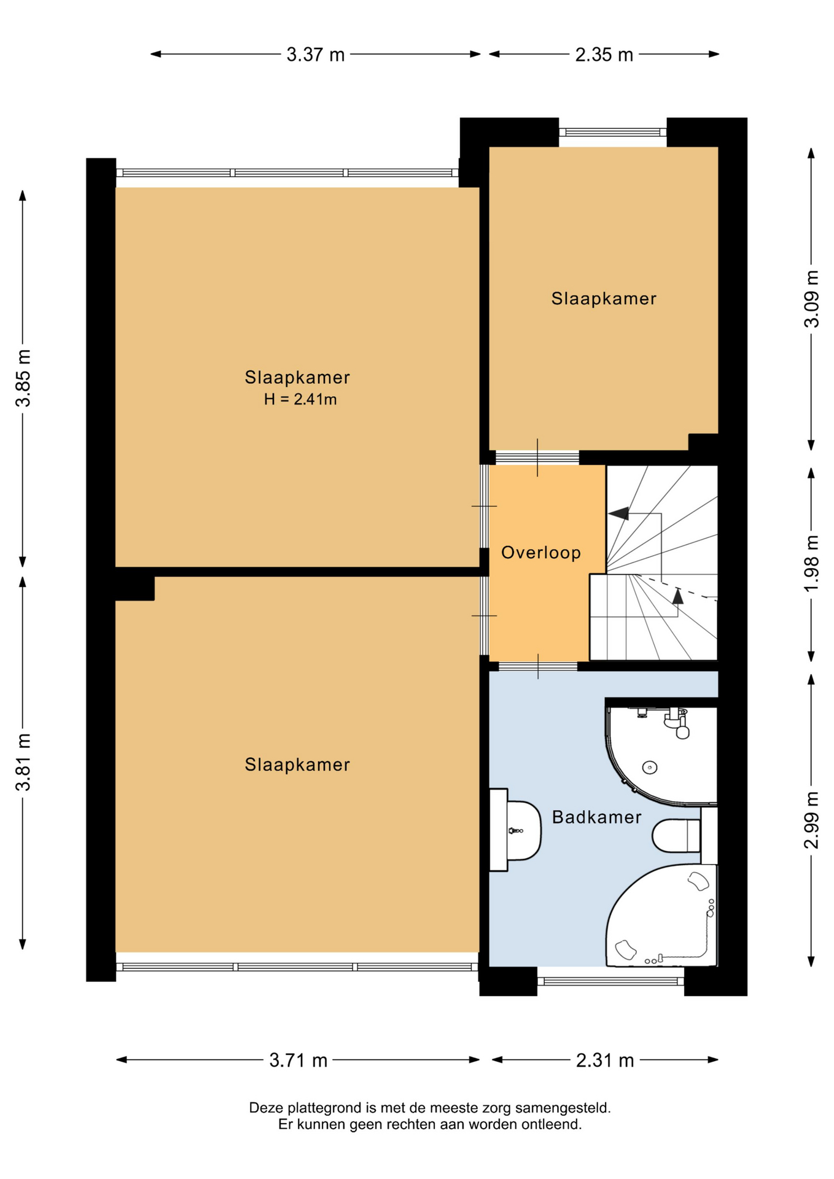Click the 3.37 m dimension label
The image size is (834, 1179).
tap(316, 55)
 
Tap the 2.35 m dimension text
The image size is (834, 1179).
tap(604, 55)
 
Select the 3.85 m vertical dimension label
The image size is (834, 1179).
tap(23, 378)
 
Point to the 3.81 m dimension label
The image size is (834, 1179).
tap(23, 762)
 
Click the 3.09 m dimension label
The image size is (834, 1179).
tap(812, 299)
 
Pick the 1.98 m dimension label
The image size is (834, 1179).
tap(812, 564)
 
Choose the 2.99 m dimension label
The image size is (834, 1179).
tap(812, 820)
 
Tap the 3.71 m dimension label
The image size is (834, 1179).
tap(298, 1060)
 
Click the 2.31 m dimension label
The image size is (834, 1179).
tap(605, 1060)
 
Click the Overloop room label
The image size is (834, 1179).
tap(541, 553)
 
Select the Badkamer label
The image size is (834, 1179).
tap(596, 817)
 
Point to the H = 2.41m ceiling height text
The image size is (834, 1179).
tap(300, 400)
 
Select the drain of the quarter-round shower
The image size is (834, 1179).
tap(650, 767)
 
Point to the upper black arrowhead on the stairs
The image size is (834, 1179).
tap(618, 513)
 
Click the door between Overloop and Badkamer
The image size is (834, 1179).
tap(538, 666)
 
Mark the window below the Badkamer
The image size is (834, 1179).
tap(611, 981)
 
